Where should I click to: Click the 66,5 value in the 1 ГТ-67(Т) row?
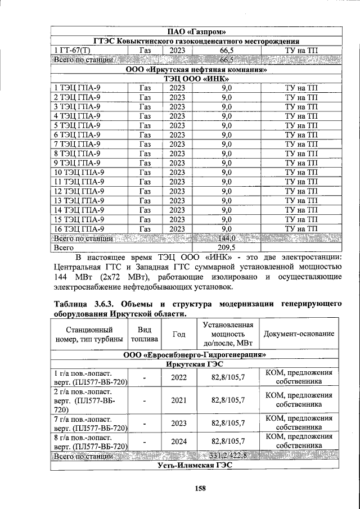point(226,51)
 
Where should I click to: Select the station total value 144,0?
point(226,238)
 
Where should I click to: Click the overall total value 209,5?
point(226,247)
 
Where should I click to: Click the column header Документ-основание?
point(299,334)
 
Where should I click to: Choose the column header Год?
point(178,334)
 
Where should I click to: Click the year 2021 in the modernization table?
point(178,400)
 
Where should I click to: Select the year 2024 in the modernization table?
point(178,442)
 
